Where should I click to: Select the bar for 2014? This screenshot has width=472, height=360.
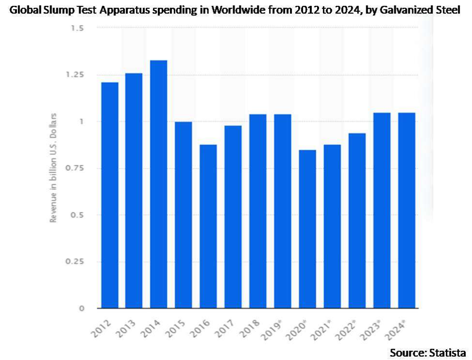tap(159, 184)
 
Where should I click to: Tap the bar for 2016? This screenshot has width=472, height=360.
tap(208, 226)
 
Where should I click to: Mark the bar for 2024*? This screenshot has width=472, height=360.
tap(406, 210)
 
